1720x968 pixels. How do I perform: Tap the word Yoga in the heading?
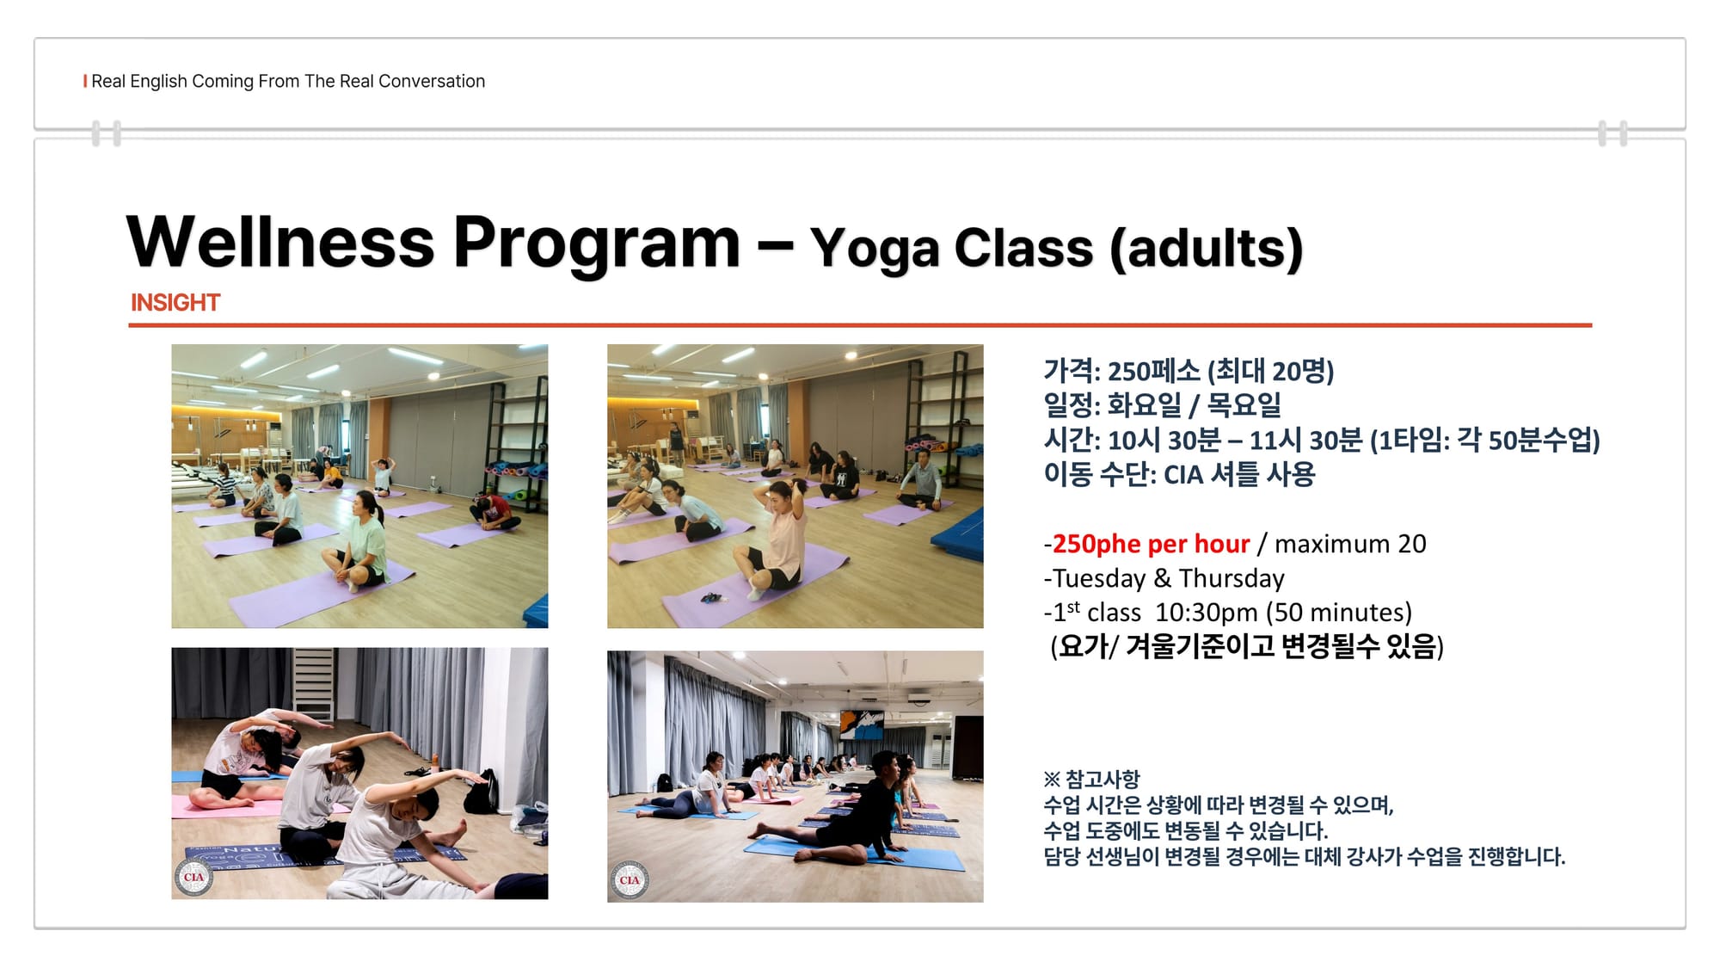click(x=875, y=249)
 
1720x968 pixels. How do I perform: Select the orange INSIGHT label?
click(x=175, y=303)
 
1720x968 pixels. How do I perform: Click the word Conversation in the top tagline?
click(x=432, y=81)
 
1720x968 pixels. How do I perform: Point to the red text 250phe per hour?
click(x=1151, y=544)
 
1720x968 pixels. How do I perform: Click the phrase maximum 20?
click(x=1350, y=544)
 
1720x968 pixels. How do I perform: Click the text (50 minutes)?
click(x=1339, y=613)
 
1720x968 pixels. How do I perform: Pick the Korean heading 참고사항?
click(x=1103, y=780)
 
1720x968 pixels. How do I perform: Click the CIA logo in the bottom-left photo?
click(x=194, y=878)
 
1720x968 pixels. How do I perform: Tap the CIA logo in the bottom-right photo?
click(x=630, y=880)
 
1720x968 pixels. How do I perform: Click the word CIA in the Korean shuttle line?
click(x=1182, y=475)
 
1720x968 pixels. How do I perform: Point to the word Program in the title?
click(x=596, y=245)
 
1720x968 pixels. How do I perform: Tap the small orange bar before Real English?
click(x=85, y=81)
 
